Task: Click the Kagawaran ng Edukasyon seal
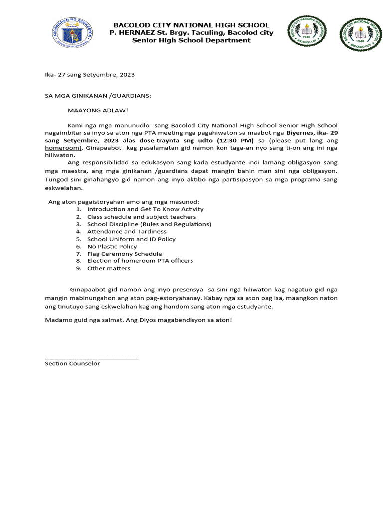(x=74, y=34)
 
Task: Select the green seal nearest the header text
(x=307, y=33)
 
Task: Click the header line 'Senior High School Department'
(x=191, y=40)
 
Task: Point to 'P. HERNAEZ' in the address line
(x=128, y=32)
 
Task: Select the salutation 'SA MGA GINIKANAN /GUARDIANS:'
(x=98, y=95)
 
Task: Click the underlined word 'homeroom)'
(x=63, y=148)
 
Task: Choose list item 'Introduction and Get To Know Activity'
(x=145, y=209)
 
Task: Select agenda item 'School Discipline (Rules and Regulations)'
(x=149, y=224)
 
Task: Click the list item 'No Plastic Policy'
(x=112, y=246)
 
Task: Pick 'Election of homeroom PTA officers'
(x=140, y=261)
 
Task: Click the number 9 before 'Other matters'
(x=78, y=268)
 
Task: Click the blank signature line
(x=92, y=357)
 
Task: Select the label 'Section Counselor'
(x=72, y=363)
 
